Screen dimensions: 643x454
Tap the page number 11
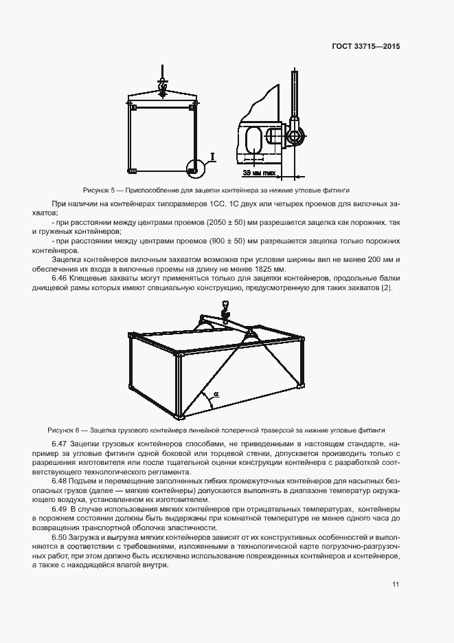(396, 584)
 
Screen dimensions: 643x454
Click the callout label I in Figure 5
(213, 157)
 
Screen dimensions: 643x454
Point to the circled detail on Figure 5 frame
(196, 166)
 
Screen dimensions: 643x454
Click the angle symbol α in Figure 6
(215, 394)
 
